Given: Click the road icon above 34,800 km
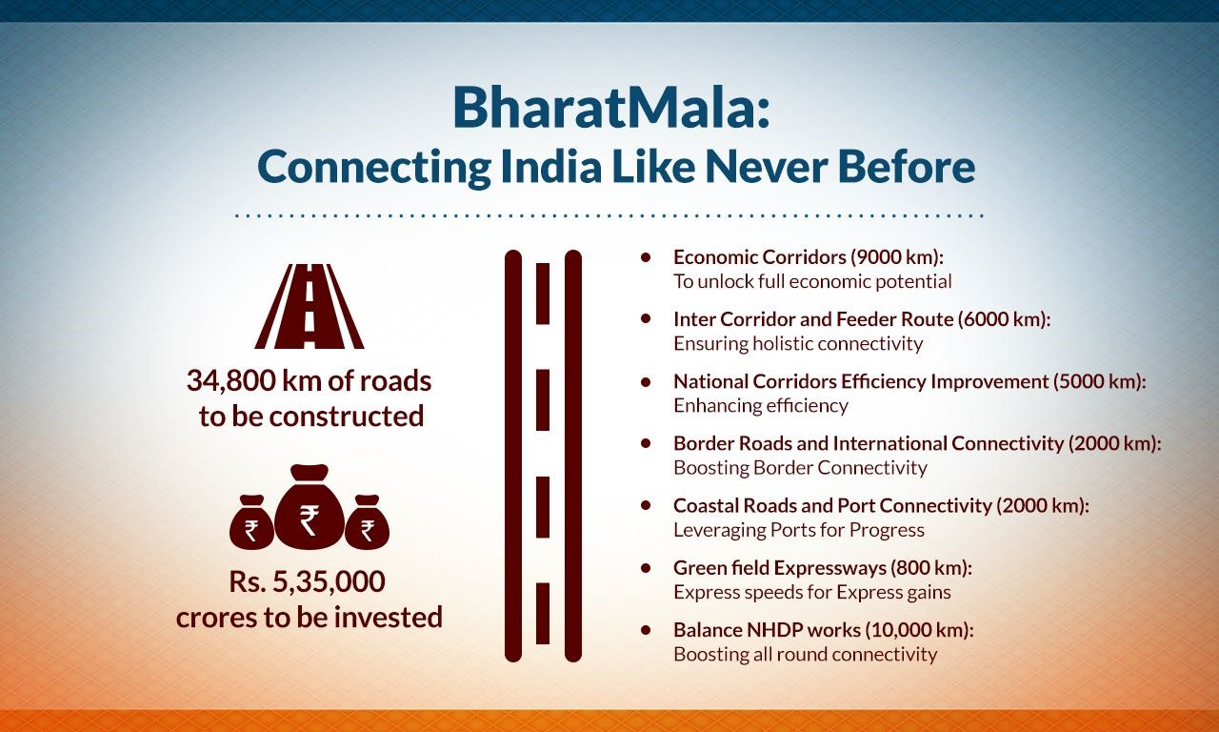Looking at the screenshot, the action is click(x=310, y=306).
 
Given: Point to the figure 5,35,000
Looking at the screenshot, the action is click(x=329, y=581).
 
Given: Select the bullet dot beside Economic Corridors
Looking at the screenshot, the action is click(x=646, y=257).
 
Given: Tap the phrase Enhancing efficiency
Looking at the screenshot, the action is click(x=761, y=406).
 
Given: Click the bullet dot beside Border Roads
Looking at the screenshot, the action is click(x=646, y=443).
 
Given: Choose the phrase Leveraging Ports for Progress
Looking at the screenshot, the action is click(x=799, y=530).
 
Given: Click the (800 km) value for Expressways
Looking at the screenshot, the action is click(x=931, y=568).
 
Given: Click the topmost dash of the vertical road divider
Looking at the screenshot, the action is click(x=543, y=295).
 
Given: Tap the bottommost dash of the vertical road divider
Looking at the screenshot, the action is click(x=543, y=613).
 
